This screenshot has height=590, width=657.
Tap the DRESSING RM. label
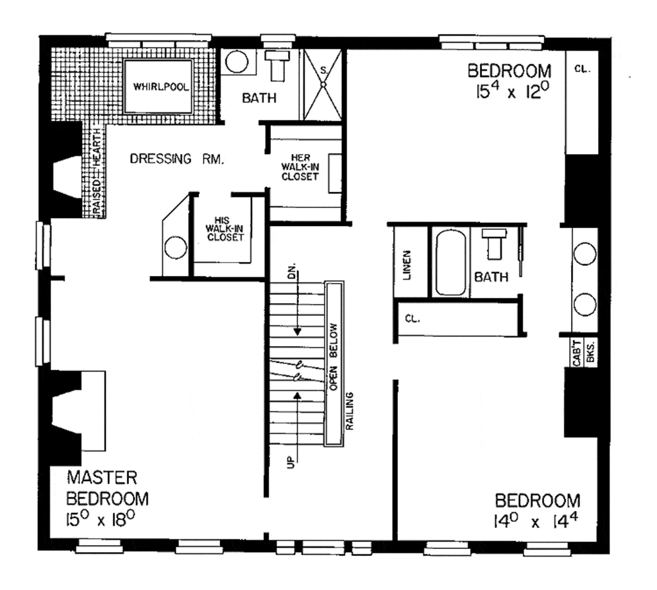(176, 159)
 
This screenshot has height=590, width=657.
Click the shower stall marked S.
(323, 83)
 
